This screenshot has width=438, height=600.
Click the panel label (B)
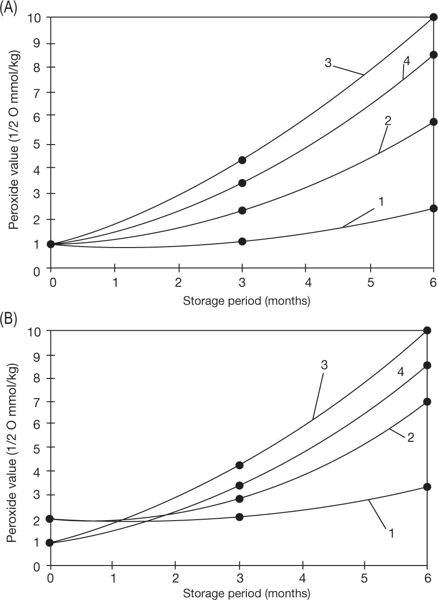[x=8, y=320]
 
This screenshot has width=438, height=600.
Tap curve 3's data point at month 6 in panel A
[x=433, y=17]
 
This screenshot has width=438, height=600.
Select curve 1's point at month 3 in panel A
[x=242, y=241]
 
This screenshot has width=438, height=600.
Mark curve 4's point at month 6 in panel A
[x=433, y=55]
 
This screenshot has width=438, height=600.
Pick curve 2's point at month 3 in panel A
[x=242, y=210]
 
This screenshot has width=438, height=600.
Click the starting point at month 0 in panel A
[x=51, y=244]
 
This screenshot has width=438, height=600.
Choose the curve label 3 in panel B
[x=324, y=365]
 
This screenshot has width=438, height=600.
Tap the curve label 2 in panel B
[x=410, y=437]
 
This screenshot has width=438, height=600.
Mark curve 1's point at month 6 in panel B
[x=427, y=487]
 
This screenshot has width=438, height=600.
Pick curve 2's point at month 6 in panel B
[x=427, y=402]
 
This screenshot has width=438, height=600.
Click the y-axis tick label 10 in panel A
[x=37, y=17]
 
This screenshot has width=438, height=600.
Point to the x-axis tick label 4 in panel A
[x=306, y=283]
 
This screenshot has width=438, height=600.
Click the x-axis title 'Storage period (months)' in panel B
[x=246, y=593]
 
